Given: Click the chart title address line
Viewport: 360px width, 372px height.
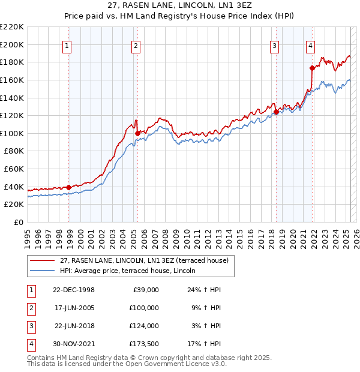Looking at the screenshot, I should click(180, 5).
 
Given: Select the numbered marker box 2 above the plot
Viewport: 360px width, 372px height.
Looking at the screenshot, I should click(136, 46).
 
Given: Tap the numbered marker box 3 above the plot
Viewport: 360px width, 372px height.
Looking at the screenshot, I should click(274, 46).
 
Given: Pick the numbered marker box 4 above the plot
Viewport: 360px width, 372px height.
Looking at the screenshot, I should click(311, 46).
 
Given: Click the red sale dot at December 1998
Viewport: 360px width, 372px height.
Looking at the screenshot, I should click(69, 187).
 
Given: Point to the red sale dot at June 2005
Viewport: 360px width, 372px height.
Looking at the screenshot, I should click(137, 133).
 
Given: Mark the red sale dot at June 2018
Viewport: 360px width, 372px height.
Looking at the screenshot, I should click(276, 112).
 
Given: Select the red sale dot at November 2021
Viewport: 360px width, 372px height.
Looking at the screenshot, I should click(312, 68).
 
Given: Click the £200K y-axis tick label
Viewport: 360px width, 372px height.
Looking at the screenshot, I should click(13, 44).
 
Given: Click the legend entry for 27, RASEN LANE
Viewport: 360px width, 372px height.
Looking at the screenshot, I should click(144, 261).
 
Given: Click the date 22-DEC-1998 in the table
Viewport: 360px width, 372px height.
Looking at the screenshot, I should click(74, 289).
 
